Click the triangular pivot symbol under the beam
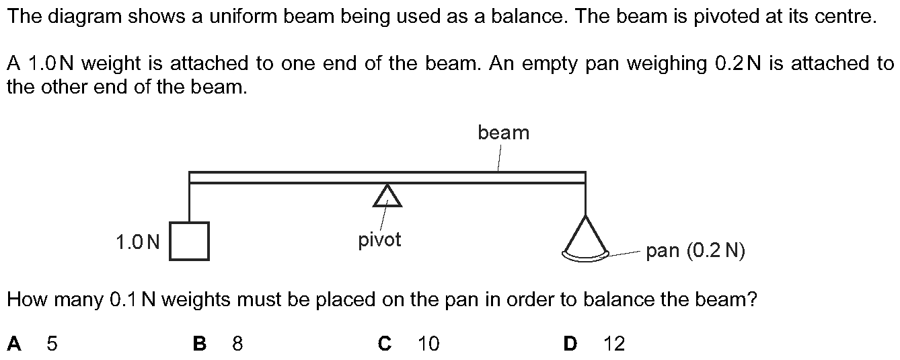coord(387,196)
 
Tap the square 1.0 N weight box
coord(189,241)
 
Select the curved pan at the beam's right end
coord(586,254)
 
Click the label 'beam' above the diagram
coord(503,133)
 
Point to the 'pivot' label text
coord(379,240)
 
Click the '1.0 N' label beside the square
coord(138,242)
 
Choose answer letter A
coord(14,344)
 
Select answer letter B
coord(199,344)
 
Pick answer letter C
coord(385,344)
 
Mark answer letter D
coord(570,344)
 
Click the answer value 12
coord(614,344)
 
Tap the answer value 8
coord(237,344)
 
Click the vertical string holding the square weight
coord(190,203)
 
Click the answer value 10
coord(428,344)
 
